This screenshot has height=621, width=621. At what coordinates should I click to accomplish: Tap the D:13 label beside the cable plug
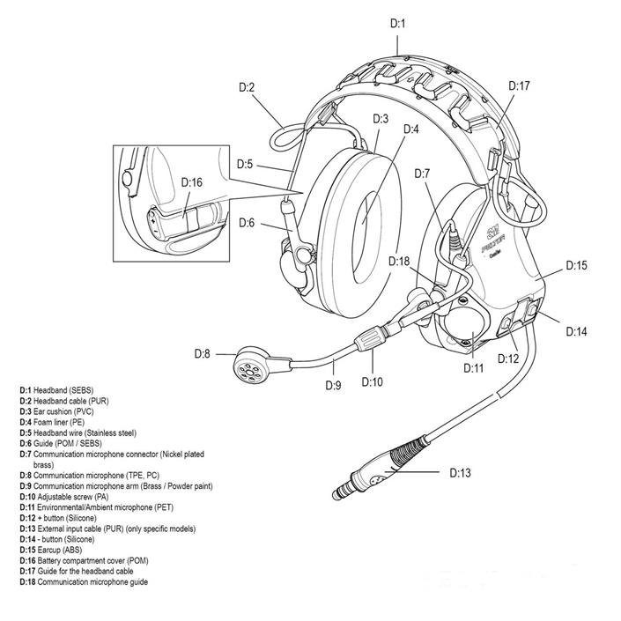pos(460,473)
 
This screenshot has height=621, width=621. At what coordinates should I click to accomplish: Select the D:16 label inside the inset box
pos(191,182)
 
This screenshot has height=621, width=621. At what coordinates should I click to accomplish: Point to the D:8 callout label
pos(202,353)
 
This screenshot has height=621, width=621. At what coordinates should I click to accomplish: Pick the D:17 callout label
pos(520,86)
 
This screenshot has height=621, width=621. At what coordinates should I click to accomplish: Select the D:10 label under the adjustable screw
pos(373,382)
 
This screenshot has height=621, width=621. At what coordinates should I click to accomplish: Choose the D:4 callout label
pos(411,129)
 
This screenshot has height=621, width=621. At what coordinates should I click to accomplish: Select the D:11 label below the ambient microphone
pos(475,369)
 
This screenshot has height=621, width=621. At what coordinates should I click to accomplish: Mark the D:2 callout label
pos(247,86)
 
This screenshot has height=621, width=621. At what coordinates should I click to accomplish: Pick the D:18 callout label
pos(399,262)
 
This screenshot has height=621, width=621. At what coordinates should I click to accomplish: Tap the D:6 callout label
pos(247,222)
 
